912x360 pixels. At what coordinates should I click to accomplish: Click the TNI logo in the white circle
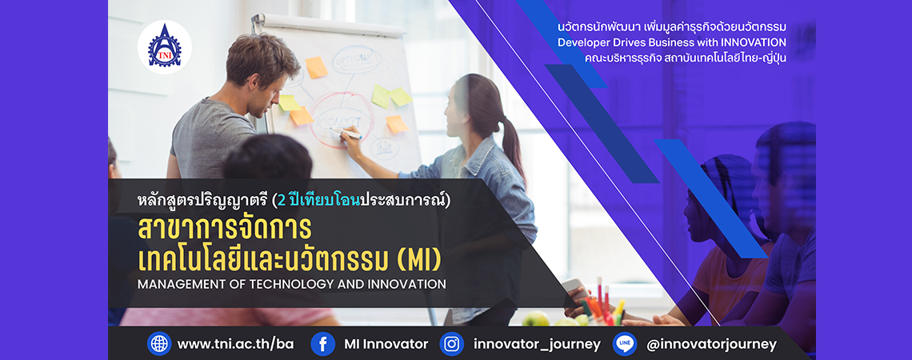point(165,47)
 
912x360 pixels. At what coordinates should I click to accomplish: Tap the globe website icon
point(158,344)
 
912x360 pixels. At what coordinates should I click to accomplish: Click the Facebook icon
point(323,344)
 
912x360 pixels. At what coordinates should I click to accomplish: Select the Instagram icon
point(451,344)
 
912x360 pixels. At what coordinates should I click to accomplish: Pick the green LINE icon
point(625,344)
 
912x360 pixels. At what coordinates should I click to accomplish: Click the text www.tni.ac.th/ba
point(235,344)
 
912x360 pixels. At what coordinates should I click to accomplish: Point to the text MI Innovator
point(386,344)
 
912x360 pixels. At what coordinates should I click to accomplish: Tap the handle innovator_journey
point(537,344)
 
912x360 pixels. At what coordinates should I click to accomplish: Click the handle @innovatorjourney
point(711,344)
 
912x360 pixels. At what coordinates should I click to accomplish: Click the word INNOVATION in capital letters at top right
point(754,42)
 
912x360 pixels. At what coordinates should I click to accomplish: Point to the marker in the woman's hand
point(346,133)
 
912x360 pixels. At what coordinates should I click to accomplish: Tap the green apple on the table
point(536,318)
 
